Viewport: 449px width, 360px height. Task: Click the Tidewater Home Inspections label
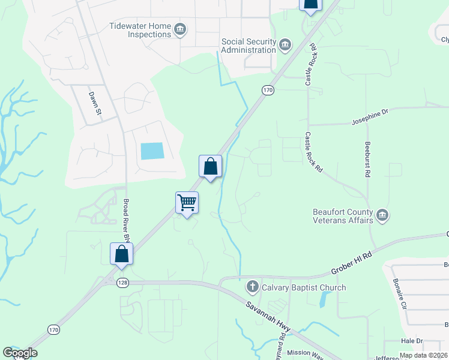pyautogui.click(x=140, y=30)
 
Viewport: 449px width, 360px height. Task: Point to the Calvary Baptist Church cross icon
pyautogui.click(x=253, y=287)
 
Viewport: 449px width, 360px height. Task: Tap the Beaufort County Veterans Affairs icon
pyautogui.click(x=382, y=215)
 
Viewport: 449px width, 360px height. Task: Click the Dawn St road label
pyautogui.click(x=95, y=106)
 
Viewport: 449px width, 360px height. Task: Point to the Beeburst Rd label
pyautogui.click(x=367, y=160)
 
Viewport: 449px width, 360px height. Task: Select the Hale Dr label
pyautogui.click(x=412, y=341)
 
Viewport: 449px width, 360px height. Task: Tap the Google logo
pyautogui.click(x=20, y=353)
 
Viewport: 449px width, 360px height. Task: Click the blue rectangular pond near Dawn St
pyautogui.click(x=152, y=151)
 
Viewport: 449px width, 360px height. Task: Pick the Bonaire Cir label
pyautogui.click(x=400, y=293)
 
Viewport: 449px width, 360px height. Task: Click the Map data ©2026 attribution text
pyautogui.click(x=423, y=355)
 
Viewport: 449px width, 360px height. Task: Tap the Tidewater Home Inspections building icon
pyautogui.click(x=179, y=29)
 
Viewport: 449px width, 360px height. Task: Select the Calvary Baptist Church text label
pyautogui.click(x=303, y=287)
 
